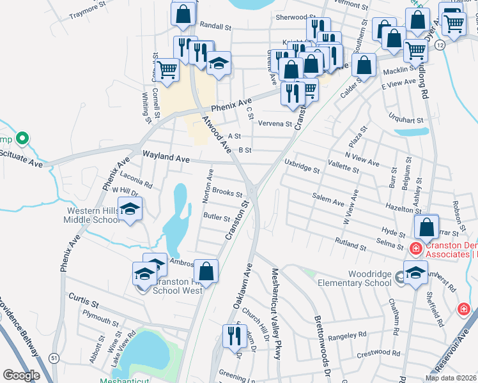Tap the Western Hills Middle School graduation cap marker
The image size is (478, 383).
coord(130,209)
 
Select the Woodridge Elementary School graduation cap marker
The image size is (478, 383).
coord(415,273)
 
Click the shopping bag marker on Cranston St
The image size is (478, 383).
coord(206,272)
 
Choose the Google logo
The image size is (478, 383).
coord(21,375)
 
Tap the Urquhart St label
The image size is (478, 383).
coord(406,119)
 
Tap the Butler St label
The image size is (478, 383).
coord(217,218)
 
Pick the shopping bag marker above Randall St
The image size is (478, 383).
coord(183,14)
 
